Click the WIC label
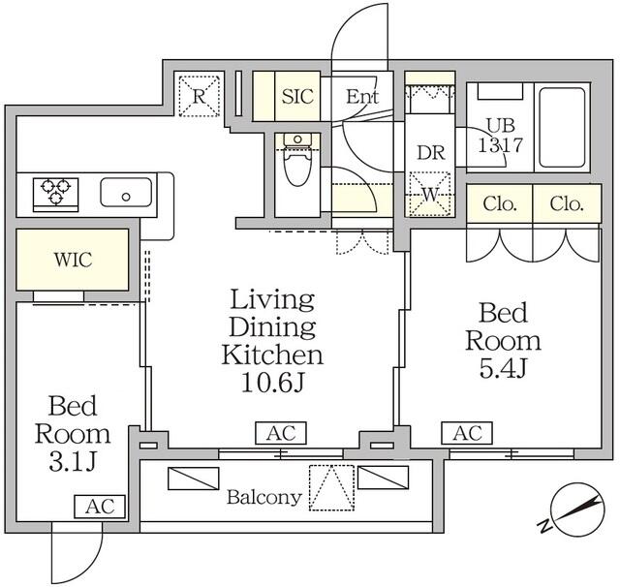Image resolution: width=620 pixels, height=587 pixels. click(74, 260)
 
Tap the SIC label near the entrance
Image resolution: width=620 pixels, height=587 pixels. click(297, 96)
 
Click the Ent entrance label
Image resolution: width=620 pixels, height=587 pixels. click(362, 96)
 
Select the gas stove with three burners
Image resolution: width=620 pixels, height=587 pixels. click(56, 195)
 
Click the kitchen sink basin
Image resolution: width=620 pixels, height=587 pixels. click(126, 192)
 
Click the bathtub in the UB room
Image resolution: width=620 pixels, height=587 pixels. click(562, 128)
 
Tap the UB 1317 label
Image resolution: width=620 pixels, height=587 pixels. click(501, 136)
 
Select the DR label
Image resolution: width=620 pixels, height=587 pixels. click(431, 153)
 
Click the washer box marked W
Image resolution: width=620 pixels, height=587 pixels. click(430, 194)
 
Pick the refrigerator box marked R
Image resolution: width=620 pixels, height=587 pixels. click(199, 96)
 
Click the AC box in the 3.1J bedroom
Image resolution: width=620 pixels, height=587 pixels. click(100, 507)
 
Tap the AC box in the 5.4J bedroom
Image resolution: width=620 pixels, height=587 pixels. click(467, 433)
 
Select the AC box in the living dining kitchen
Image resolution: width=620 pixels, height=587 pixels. click(281, 433)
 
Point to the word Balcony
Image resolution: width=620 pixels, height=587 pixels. click(264, 498)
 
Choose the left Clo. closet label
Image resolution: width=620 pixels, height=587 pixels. click(500, 204)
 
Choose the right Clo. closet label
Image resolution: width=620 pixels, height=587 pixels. click(567, 204)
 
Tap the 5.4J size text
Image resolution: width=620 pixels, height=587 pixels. click(503, 368)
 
